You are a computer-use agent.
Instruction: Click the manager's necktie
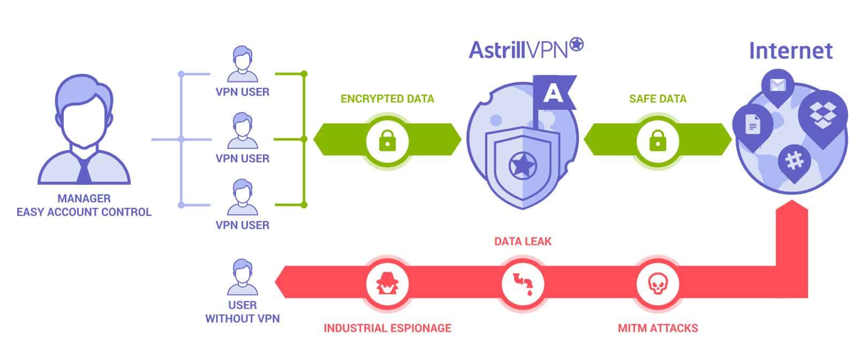coord(84,170)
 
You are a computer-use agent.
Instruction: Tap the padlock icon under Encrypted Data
coord(387,141)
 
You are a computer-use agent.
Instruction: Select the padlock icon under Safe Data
coord(657,141)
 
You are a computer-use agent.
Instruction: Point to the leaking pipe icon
coord(522,283)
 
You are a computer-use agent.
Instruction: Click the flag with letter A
coord(554,93)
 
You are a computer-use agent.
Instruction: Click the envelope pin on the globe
coord(778,86)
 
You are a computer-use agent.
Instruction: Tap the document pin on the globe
coord(753,125)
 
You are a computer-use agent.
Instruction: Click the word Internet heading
coord(790,51)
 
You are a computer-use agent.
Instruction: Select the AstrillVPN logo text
coord(518,50)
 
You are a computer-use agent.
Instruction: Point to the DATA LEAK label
coord(522,242)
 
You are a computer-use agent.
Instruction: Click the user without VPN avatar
coord(242,277)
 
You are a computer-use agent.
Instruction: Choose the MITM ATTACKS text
coord(658,328)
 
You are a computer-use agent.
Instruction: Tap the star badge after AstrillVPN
coord(576,44)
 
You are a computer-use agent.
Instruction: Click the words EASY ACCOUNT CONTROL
coord(84,212)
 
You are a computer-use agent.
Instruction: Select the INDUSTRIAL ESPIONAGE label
coord(387,328)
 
